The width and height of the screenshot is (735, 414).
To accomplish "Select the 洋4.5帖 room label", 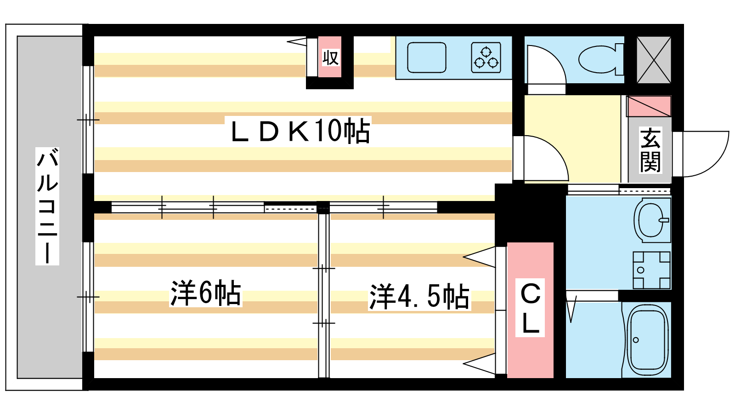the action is coord(419,297).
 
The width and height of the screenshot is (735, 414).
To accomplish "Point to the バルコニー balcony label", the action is coord(47,206).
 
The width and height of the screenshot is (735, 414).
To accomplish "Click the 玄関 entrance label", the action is coord(650,150).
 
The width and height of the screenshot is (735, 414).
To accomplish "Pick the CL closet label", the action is coord(530,308).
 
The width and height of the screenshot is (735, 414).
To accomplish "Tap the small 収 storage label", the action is coord(330,58).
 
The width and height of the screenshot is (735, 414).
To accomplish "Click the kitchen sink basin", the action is coord(427,57).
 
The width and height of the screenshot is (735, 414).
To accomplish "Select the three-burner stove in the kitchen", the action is coord(486,57).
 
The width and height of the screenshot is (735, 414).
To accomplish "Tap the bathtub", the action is coord(648,340).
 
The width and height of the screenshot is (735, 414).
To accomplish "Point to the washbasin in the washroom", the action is coord(652,220).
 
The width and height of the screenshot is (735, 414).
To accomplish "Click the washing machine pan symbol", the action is coord(651,270).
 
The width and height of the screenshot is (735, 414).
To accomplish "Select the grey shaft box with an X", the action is coord(654,59).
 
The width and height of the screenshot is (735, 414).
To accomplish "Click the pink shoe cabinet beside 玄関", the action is coord(649,106).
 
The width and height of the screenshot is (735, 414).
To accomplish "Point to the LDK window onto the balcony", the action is coord(88,120).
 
